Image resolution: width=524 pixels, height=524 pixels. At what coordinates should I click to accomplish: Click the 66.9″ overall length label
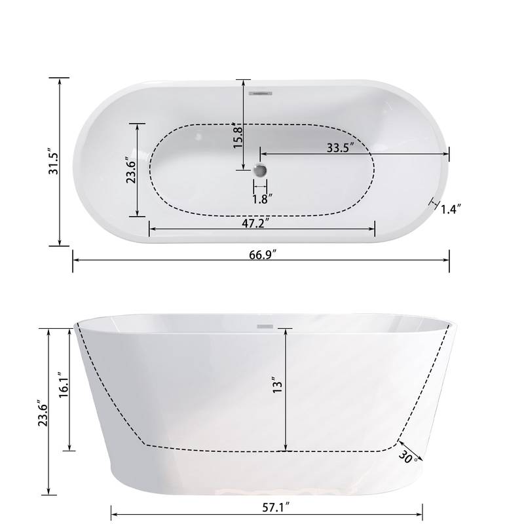click(x=261, y=254)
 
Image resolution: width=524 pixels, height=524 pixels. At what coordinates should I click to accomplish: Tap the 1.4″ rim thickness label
click(x=451, y=209)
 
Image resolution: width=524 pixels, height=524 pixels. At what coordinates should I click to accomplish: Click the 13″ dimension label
click(x=277, y=384)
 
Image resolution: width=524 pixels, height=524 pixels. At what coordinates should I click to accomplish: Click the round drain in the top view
click(x=261, y=170)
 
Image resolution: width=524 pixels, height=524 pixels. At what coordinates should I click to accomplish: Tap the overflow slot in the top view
click(x=261, y=93)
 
